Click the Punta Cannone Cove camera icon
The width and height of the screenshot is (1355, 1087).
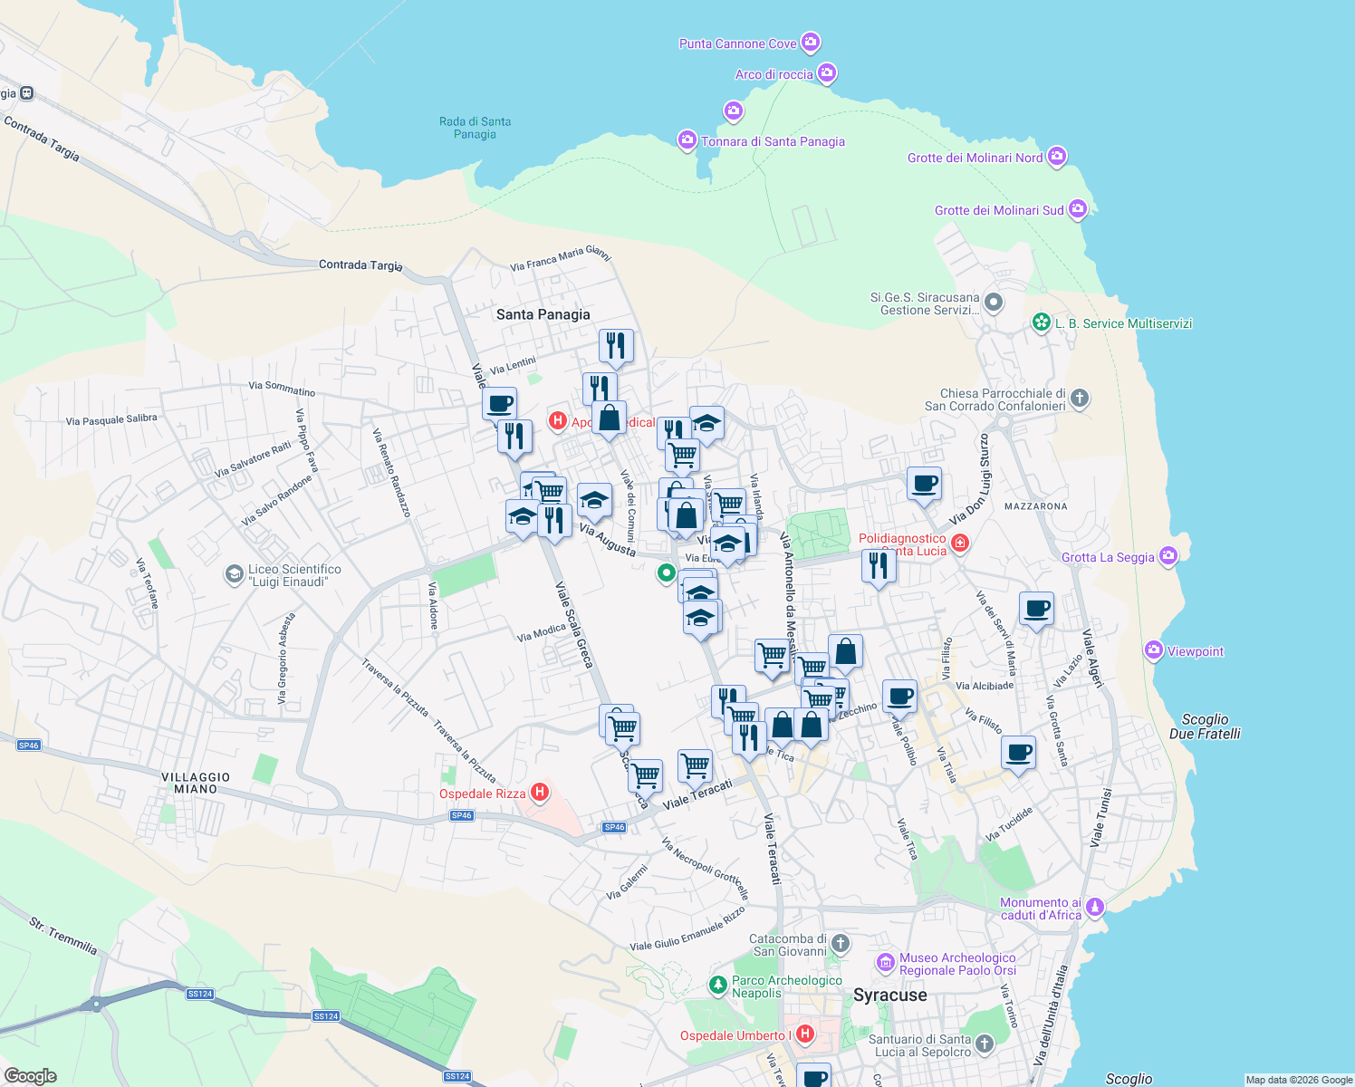pos(811,43)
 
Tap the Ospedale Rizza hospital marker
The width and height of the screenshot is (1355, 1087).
pos(540,794)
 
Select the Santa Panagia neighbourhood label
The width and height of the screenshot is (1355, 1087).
pos(543,314)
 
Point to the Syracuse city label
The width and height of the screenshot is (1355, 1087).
pos(889,995)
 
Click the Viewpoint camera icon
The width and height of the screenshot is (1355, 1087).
pos(1154,650)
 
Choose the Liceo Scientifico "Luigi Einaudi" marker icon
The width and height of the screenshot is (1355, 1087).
pos(234,574)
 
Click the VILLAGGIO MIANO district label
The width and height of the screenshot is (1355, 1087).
pos(196,783)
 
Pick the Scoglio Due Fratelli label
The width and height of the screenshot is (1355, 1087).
pos(1204,726)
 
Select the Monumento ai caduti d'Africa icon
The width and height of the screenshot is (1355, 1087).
pos(1095,907)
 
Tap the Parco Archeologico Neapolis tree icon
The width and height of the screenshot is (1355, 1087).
pos(717,984)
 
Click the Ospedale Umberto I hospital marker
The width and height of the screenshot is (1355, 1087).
pos(805,1034)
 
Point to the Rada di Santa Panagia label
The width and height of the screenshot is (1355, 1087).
pos(475,128)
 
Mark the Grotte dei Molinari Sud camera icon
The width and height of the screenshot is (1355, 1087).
pos(1077,209)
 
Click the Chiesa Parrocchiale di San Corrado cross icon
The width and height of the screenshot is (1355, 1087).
pos(1079,398)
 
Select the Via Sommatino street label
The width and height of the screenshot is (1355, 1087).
pos(282,389)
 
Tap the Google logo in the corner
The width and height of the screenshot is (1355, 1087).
pos(31,1076)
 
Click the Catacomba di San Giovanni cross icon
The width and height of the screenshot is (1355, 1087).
pos(841,944)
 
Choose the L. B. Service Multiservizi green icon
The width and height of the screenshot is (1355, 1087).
pos(1042,322)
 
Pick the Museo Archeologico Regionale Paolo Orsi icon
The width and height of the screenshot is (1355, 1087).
pos(886,962)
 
